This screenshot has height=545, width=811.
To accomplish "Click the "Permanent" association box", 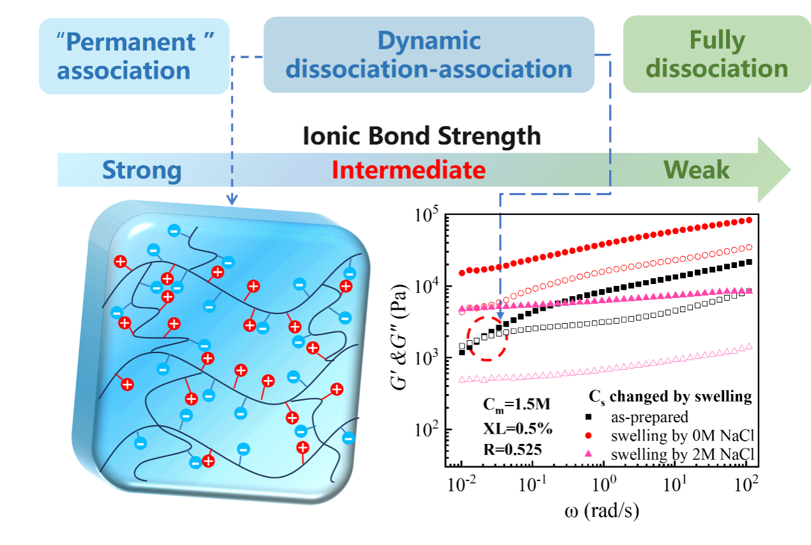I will coord(134,55).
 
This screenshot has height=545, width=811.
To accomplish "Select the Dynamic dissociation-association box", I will coord(429,55).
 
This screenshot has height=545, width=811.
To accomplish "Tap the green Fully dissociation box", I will coord(716,55).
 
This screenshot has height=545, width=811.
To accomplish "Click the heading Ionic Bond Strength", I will coord(422,136).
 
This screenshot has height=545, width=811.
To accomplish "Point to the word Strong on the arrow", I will coord(142,171).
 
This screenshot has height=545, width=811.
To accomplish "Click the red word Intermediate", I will coord(408,171).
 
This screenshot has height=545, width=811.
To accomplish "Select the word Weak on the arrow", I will coord(697,171).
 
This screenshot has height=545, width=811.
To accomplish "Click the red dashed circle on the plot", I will coord(487,339).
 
